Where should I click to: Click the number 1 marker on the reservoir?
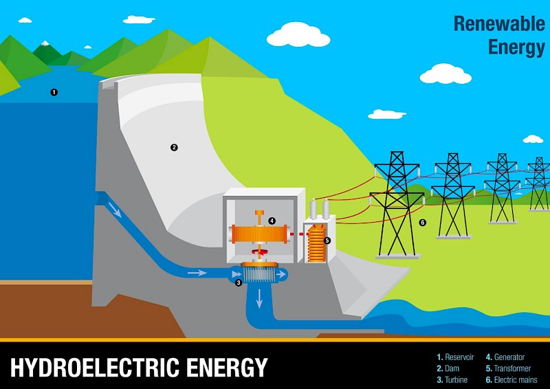[54, 92]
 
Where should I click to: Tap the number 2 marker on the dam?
[174, 147]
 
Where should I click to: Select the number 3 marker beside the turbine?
[239, 282]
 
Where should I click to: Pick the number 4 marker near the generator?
[272, 221]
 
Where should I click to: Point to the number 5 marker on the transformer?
[327, 241]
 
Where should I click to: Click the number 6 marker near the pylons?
[423, 223]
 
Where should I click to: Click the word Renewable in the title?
[500, 24]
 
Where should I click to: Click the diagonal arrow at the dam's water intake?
[115, 210]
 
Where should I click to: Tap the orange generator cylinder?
[259, 234]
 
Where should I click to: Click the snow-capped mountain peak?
[45, 43]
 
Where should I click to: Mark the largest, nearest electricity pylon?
[397, 205]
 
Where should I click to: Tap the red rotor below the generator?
[260, 252]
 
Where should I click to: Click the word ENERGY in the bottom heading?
[227, 367]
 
